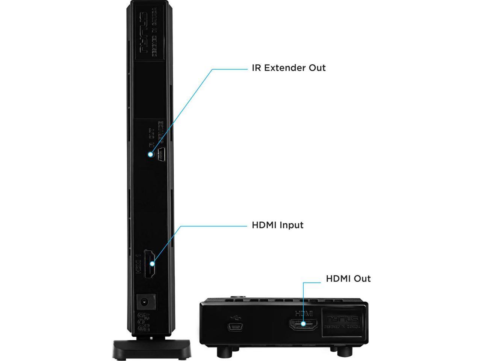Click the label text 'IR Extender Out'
tap(288, 68)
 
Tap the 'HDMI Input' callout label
tap(277, 225)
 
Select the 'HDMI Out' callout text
tap(348, 279)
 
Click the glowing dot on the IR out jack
tap(151, 154)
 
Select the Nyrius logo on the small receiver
tap(342, 318)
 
